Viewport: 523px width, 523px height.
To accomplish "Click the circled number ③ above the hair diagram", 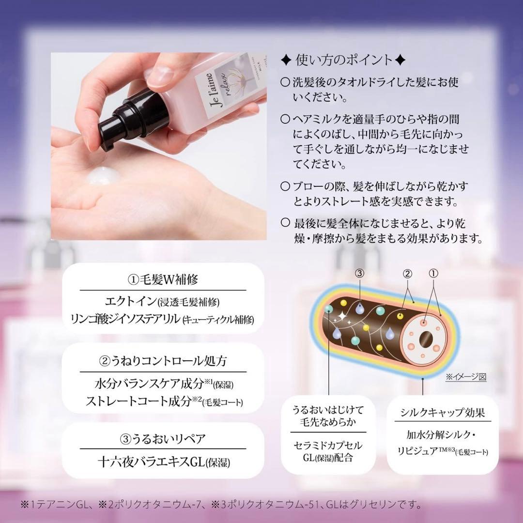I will point(359,273).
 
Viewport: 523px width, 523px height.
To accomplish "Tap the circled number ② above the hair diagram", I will point(408,274).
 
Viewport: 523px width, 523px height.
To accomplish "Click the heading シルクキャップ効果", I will point(443,413).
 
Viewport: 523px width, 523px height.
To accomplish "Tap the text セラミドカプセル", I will point(328,445).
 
